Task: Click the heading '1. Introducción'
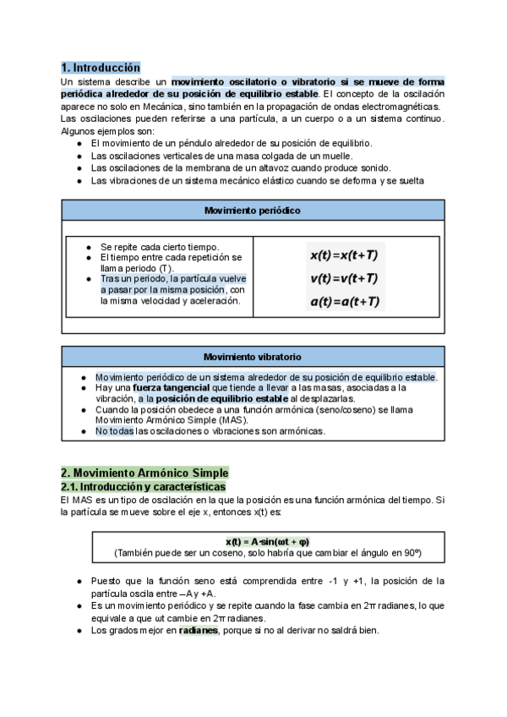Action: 101,67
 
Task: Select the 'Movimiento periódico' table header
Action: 253,210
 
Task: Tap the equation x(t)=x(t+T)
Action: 344,255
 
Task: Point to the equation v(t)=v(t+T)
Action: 344,278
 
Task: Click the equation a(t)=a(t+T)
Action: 344,301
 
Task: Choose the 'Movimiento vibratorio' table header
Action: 253,357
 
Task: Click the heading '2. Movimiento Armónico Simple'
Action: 144,473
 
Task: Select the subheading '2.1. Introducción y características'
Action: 143,488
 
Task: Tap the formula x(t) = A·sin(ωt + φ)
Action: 267,541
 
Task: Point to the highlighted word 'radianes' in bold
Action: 199,630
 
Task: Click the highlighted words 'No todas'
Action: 114,431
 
